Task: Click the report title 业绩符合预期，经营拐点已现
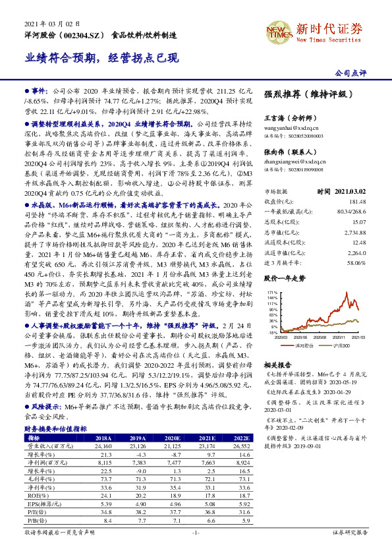click(102, 57)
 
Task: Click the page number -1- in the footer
click(195, 549)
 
